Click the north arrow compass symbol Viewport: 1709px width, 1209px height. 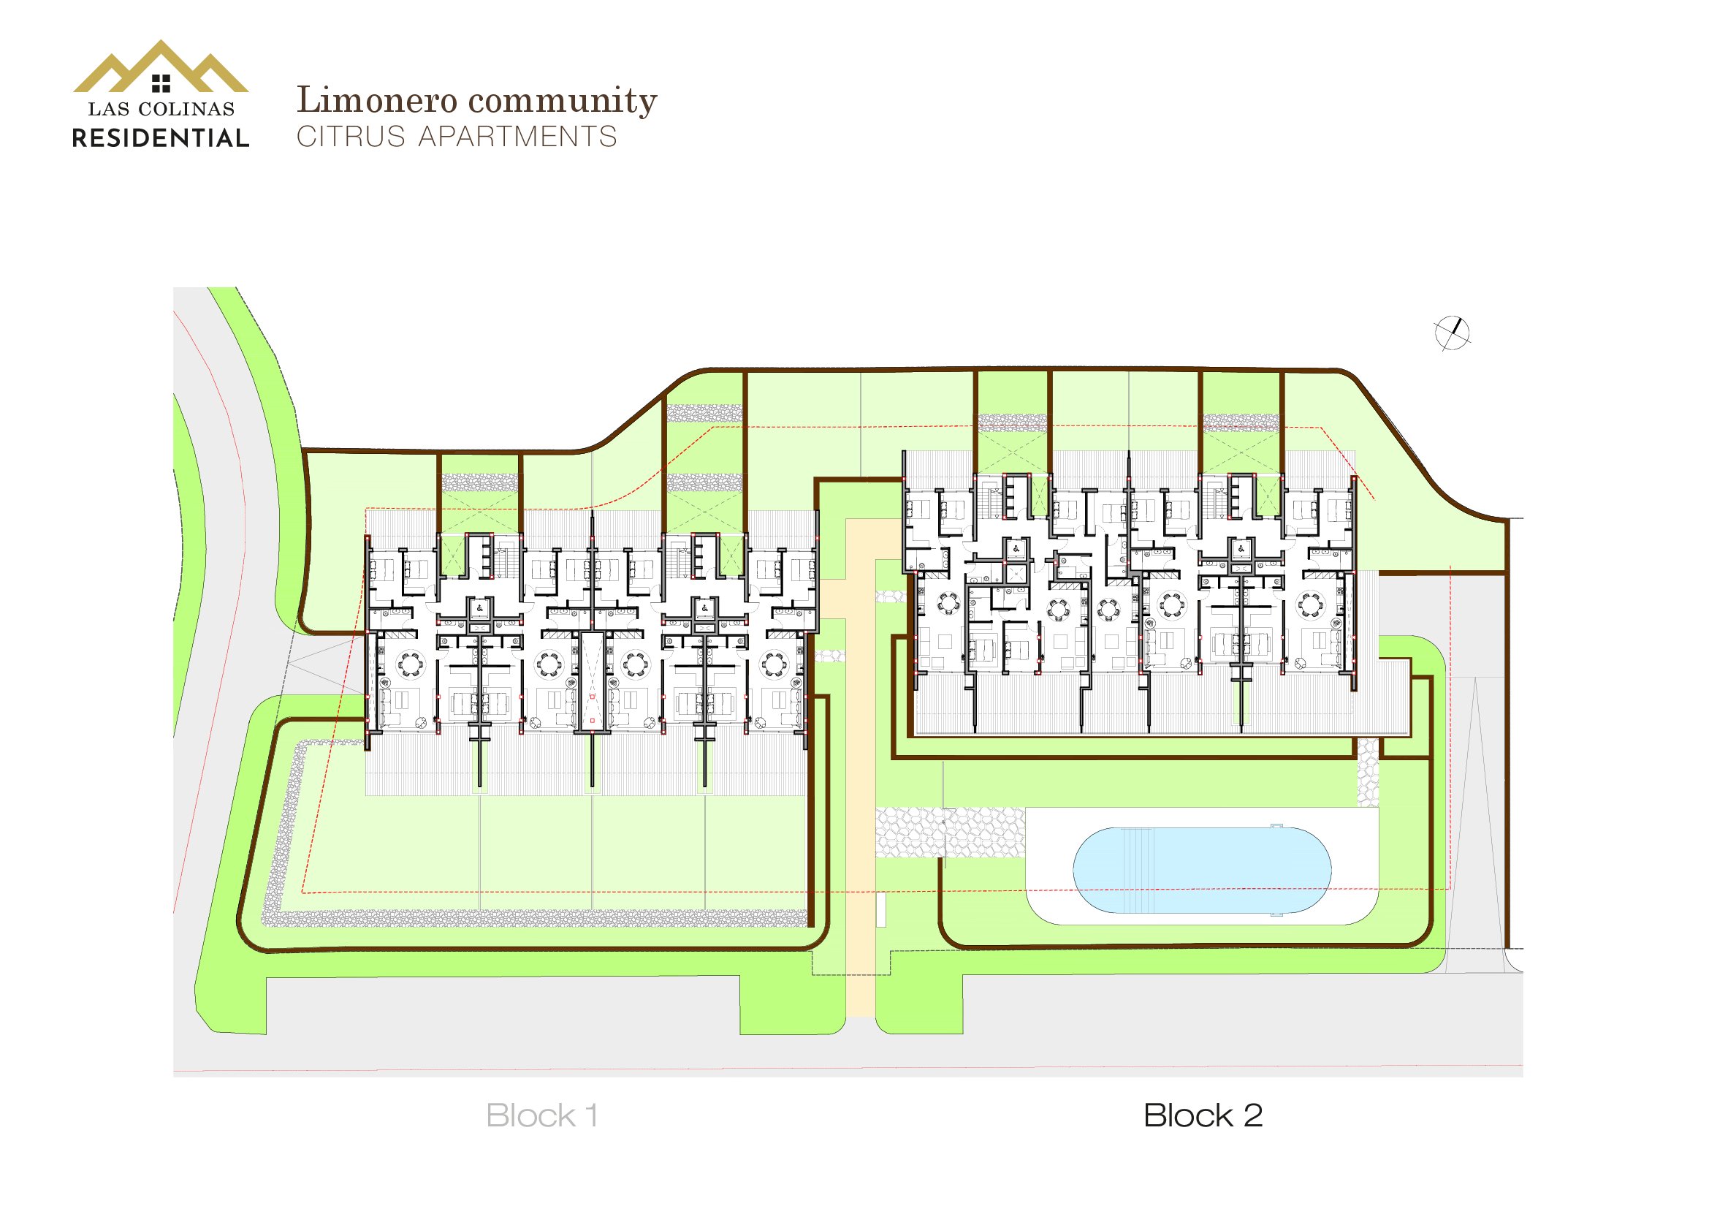(x=1452, y=333)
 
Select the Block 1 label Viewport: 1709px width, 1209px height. (x=541, y=1116)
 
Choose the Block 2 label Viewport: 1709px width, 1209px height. (x=1203, y=1116)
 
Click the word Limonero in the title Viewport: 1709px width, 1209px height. (x=375, y=100)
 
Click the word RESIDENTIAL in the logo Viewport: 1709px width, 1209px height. (x=161, y=138)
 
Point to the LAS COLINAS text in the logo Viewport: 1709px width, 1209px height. (x=161, y=110)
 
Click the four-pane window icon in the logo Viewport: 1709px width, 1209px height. (x=161, y=83)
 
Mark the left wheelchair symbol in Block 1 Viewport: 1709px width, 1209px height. (x=479, y=608)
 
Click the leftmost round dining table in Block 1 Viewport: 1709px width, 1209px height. (x=410, y=662)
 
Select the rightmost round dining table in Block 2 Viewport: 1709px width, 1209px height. (x=1311, y=604)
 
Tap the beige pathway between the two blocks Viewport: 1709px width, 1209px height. (x=861, y=781)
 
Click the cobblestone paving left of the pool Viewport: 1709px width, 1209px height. (x=949, y=832)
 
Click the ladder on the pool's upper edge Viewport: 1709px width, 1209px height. (x=1276, y=827)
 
